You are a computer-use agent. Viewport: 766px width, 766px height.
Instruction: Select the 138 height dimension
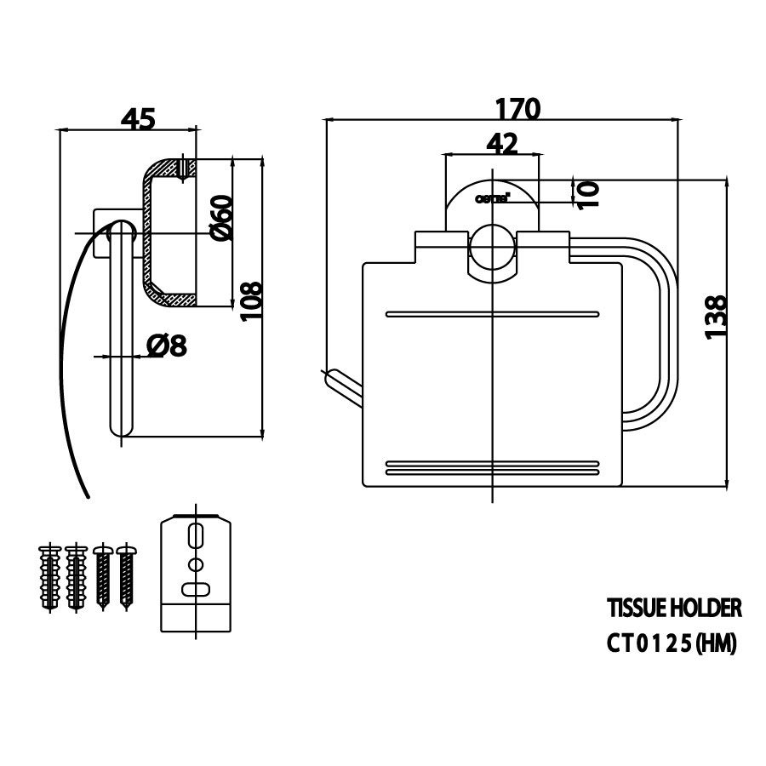click(717, 317)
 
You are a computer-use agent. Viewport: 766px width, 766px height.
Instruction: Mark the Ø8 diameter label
click(166, 346)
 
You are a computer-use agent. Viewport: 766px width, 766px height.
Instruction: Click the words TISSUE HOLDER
click(673, 608)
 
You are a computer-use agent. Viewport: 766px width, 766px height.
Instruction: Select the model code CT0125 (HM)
click(671, 644)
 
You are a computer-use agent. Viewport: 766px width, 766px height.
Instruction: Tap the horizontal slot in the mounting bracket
click(197, 587)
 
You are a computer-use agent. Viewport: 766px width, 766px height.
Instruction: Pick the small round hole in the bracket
click(197, 564)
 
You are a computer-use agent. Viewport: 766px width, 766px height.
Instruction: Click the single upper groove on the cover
click(492, 314)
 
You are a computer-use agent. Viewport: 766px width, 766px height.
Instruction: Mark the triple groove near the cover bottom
click(492, 467)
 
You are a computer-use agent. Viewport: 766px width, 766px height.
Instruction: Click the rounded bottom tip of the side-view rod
click(121, 430)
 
